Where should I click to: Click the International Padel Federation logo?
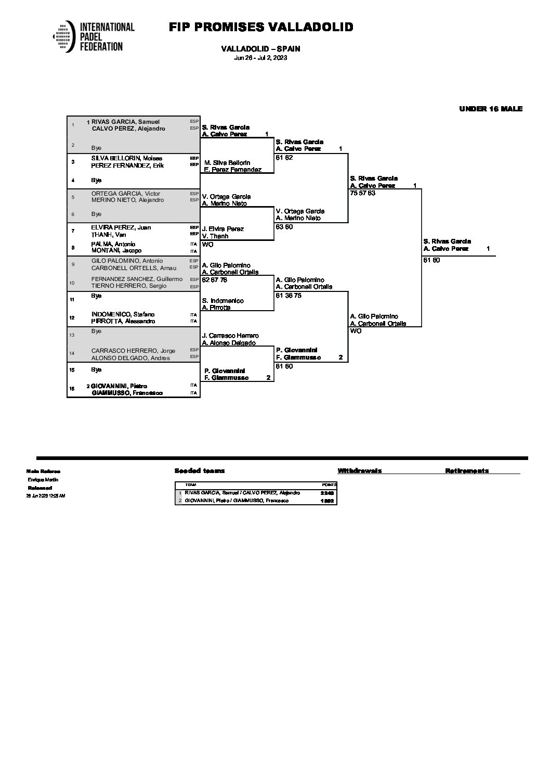click(x=94, y=36)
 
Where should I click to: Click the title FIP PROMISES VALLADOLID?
click(x=261, y=27)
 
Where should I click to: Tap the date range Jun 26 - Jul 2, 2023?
click(x=260, y=58)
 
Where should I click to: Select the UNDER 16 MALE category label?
click(x=490, y=109)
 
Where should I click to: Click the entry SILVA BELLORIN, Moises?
click(x=126, y=158)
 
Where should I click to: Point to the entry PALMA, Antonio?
click(x=113, y=244)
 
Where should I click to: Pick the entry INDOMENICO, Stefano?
click(x=123, y=314)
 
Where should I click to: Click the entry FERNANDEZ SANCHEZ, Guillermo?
click(x=137, y=279)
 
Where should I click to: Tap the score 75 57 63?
click(x=363, y=193)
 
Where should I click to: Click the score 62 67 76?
click(x=214, y=280)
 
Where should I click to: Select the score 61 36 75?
click(x=289, y=296)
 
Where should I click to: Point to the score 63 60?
click(x=284, y=227)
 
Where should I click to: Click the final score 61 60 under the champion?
click(x=431, y=260)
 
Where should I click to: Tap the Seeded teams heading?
click(x=200, y=470)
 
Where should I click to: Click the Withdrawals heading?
click(x=359, y=470)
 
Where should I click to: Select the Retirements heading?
click(x=466, y=470)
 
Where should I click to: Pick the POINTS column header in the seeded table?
click(x=329, y=484)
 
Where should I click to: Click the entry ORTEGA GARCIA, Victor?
click(x=125, y=194)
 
